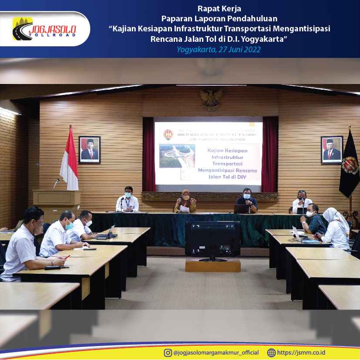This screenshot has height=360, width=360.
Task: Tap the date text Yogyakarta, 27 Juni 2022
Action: (219, 49)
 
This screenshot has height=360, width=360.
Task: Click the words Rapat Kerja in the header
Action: (219, 9)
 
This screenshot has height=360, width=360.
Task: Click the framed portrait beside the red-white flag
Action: (90, 149)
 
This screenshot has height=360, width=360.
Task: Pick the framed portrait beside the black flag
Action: (332, 149)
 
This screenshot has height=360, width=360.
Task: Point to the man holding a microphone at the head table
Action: (246, 201)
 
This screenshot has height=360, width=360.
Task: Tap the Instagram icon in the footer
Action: (168, 353)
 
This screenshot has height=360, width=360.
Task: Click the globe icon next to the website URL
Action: (271, 353)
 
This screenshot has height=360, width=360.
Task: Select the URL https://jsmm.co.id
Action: (301, 353)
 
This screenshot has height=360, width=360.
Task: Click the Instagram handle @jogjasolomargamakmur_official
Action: (216, 353)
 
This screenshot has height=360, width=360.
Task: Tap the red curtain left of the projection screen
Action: (148, 155)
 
